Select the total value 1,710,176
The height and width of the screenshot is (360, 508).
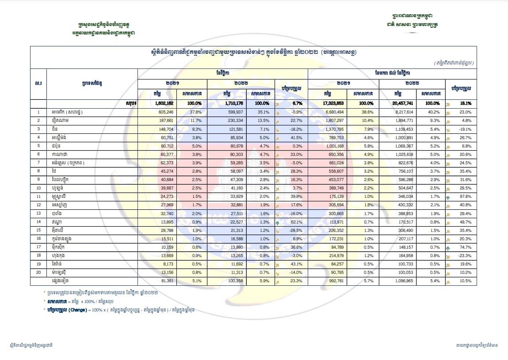coord(233,103)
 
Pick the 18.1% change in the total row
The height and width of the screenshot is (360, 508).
coord(466,103)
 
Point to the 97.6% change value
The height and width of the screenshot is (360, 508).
coord(466,196)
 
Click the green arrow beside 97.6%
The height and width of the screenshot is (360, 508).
coord(448,197)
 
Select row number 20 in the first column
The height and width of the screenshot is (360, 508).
coord(38,272)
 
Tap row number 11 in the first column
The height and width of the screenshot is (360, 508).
coord(38,196)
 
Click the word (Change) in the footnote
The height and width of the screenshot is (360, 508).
coord(78,310)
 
